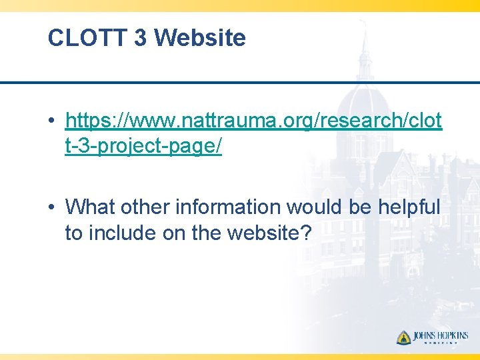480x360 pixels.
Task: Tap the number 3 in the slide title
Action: click(140, 38)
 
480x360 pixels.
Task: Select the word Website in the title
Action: click(200, 38)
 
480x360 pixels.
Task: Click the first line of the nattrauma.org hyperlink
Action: click(253, 121)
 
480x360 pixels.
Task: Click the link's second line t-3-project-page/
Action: click(143, 146)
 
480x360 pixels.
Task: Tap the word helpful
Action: click(409, 207)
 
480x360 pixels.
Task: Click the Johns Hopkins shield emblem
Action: click(404, 337)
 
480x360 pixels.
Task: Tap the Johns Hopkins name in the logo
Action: click(441, 336)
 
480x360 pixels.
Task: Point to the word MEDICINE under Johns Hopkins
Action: click(441, 345)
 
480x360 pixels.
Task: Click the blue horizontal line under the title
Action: click(240, 83)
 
